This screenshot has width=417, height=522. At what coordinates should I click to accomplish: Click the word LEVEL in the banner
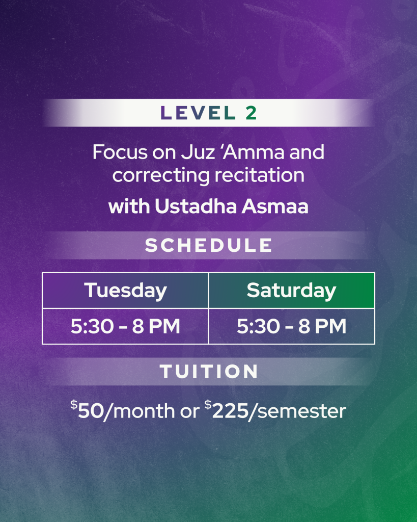[198, 113]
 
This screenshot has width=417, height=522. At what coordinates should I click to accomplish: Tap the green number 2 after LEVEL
[252, 113]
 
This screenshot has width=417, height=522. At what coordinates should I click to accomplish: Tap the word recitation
[259, 175]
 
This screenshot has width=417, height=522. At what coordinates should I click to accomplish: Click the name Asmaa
[275, 206]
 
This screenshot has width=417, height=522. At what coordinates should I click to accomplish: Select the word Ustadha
[196, 206]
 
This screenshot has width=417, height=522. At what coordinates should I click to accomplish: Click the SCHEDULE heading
[209, 245]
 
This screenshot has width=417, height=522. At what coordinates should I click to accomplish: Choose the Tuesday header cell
[125, 291]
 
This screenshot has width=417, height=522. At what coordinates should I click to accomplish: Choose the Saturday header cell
[292, 291]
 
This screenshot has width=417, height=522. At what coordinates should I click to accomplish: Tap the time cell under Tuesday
[125, 326]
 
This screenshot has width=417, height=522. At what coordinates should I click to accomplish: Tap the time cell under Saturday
[292, 326]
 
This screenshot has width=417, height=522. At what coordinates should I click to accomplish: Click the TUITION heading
[209, 372]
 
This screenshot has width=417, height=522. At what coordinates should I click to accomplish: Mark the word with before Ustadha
[129, 206]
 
